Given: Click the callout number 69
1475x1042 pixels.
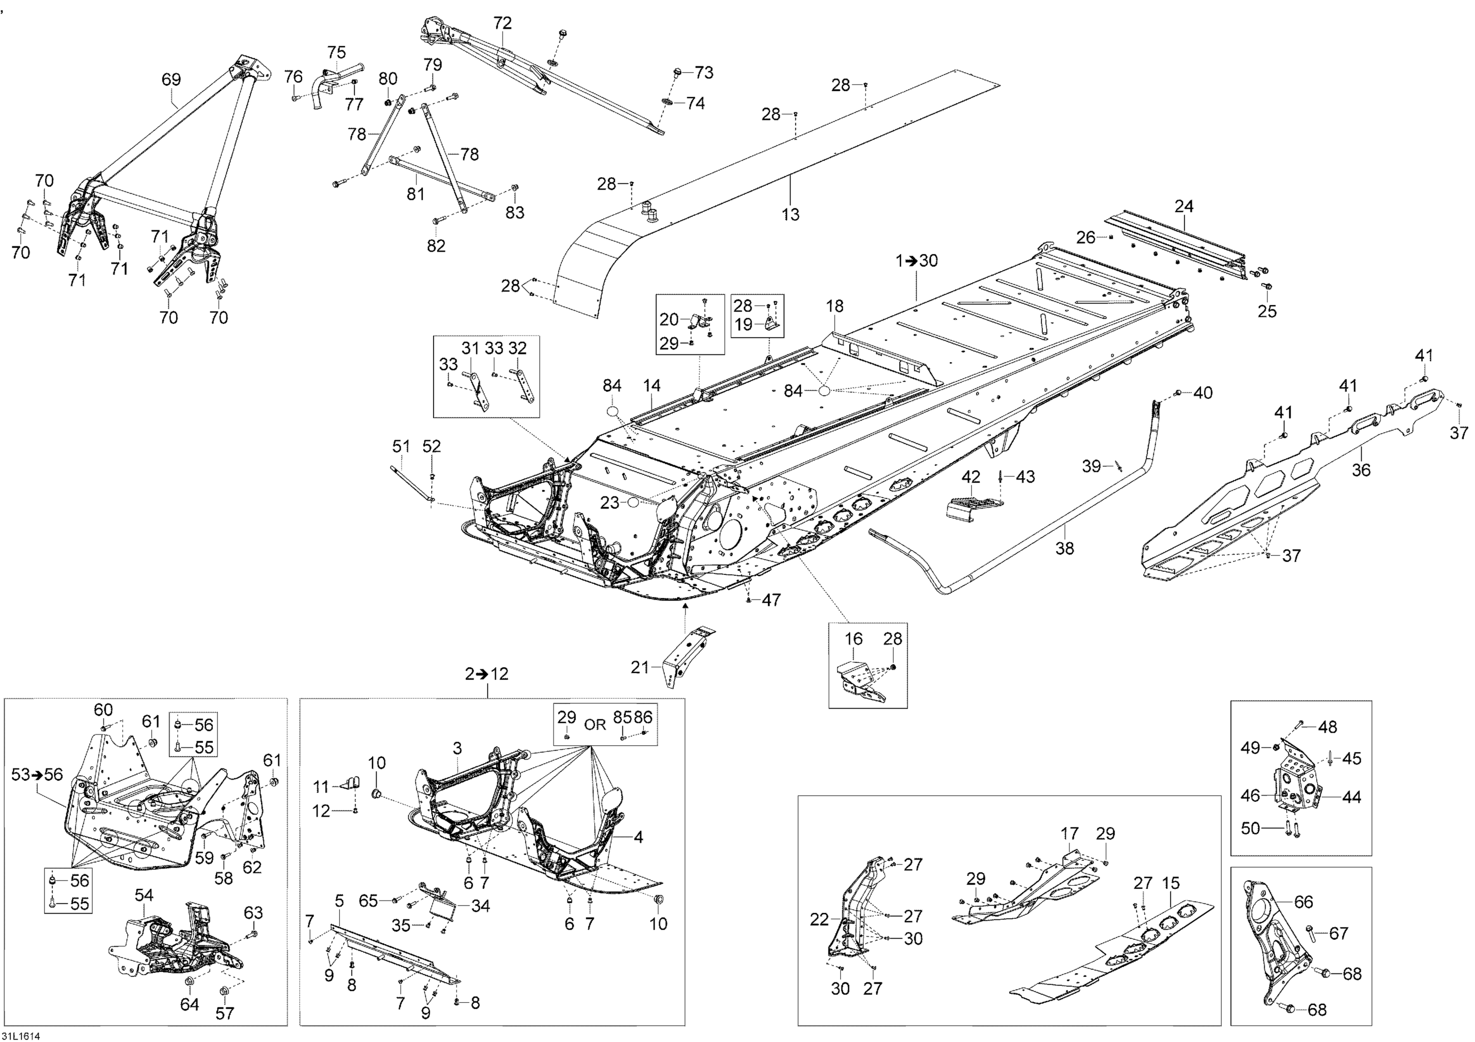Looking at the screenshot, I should tap(171, 80).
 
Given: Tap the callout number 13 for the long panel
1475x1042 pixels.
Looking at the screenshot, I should tap(790, 214).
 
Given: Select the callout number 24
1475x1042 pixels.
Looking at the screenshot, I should tap(1184, 207).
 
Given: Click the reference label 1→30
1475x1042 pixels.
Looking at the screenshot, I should tap(917, 261).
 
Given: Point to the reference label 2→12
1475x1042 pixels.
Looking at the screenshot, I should tap(487, 674).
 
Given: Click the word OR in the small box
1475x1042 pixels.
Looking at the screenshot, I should tap(595, 724).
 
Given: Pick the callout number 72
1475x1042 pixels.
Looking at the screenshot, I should tap(502, 23).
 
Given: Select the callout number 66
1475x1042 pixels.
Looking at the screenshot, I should tap(1303, 902).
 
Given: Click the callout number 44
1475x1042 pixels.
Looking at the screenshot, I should tap(1352, 797).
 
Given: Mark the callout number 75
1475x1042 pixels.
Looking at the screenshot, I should tap(337, 53).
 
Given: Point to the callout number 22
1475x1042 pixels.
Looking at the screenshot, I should tap(819, 920).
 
